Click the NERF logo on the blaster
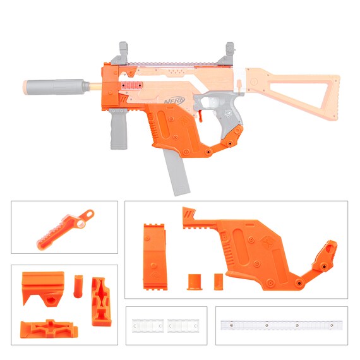(x=174, y=101)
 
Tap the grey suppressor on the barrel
(x=57, y=87)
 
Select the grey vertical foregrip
(x=119, y=129)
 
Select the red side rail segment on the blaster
(x=131, y=85)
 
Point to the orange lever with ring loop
(x=66, y=229)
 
